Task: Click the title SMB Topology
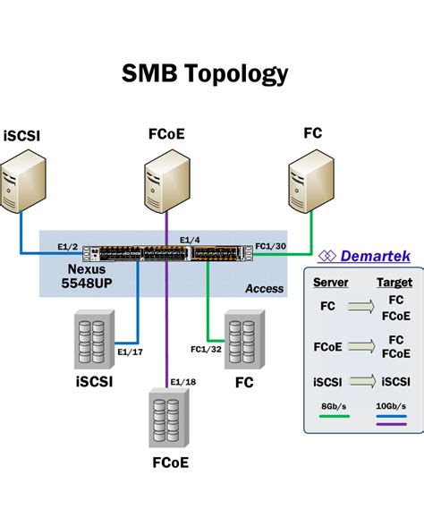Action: tap(205, 74)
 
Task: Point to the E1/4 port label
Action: tap(189, 240)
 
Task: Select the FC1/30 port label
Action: tap(270, 245)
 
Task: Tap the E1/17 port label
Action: tap(131, 352)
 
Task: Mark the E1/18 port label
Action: tap(183, 383)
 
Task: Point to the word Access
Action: tap(264, 288)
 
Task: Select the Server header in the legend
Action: tap(330, 282)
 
